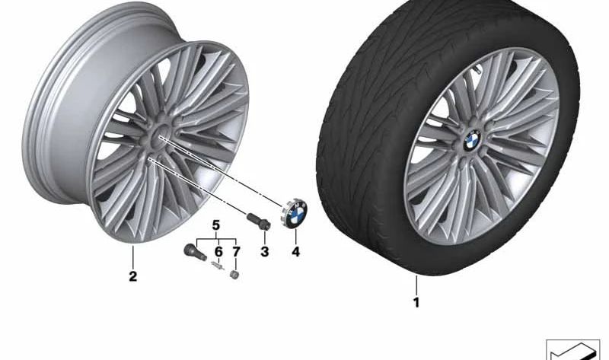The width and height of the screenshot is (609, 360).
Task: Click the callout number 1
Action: pos(416,302)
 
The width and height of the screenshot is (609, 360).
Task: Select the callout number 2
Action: pos(132,276)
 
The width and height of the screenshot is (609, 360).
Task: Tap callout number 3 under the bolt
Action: pos(264,252)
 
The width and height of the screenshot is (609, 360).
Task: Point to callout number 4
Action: pos(295,252)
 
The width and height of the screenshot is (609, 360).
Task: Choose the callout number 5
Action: pos(216,225)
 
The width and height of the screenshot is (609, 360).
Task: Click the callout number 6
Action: pos(218,252)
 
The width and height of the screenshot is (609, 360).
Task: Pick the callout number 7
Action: pos(236,252)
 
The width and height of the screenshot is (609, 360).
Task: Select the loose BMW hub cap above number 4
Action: pos(294,212)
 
